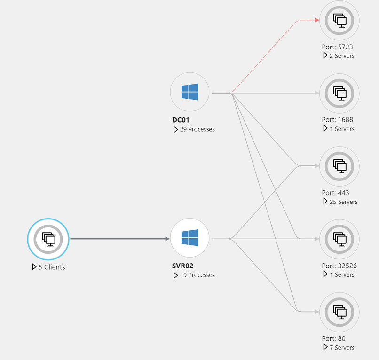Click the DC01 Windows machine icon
tap(189, 92)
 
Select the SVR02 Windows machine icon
tap(189, 238)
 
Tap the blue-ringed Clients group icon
tap(48, 239)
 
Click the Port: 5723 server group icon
tap(339, 20)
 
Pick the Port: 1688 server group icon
tap(339, 93)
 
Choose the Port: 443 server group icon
tap(339, 166)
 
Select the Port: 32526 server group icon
tap(339, 239)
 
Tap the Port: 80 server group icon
tap(339, 312)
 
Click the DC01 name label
tap(181, 120)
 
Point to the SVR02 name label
tap(182, 266)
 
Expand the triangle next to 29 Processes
tap(175, 129)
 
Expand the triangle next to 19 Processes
tap(175, 275)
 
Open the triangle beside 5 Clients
tap(34, 267)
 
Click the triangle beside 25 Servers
tap(325, 202)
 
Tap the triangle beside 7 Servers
tap(325, 347)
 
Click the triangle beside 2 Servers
tap(325, 55)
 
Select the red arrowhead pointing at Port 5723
tap(317, 20)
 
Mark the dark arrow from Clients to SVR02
tap(120, 239)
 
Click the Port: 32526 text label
tap(339, 266)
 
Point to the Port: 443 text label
tap(335, 193)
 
